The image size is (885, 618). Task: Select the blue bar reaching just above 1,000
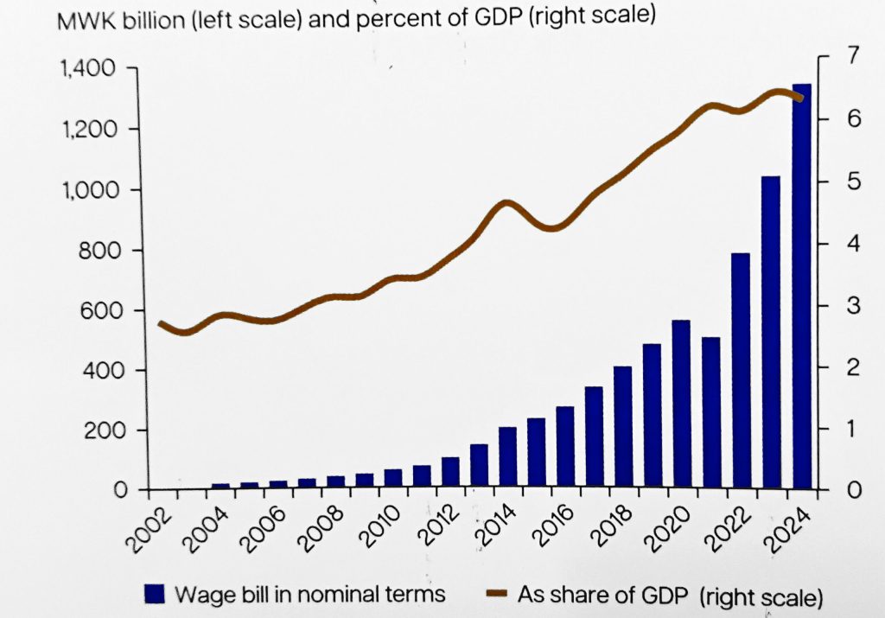(x=770, y=334)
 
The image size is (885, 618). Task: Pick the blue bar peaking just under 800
(x=741, y=372)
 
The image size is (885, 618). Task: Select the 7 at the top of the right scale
(x=853, y=56)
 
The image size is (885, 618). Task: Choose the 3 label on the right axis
(x=853, y=307)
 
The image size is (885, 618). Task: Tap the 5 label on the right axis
(x=853, y=182)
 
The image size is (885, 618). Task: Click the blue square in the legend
(x=155, y=594)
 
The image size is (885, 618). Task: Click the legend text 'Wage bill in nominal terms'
(x=309, y=594)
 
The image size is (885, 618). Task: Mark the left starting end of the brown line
(x=161, y=324)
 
